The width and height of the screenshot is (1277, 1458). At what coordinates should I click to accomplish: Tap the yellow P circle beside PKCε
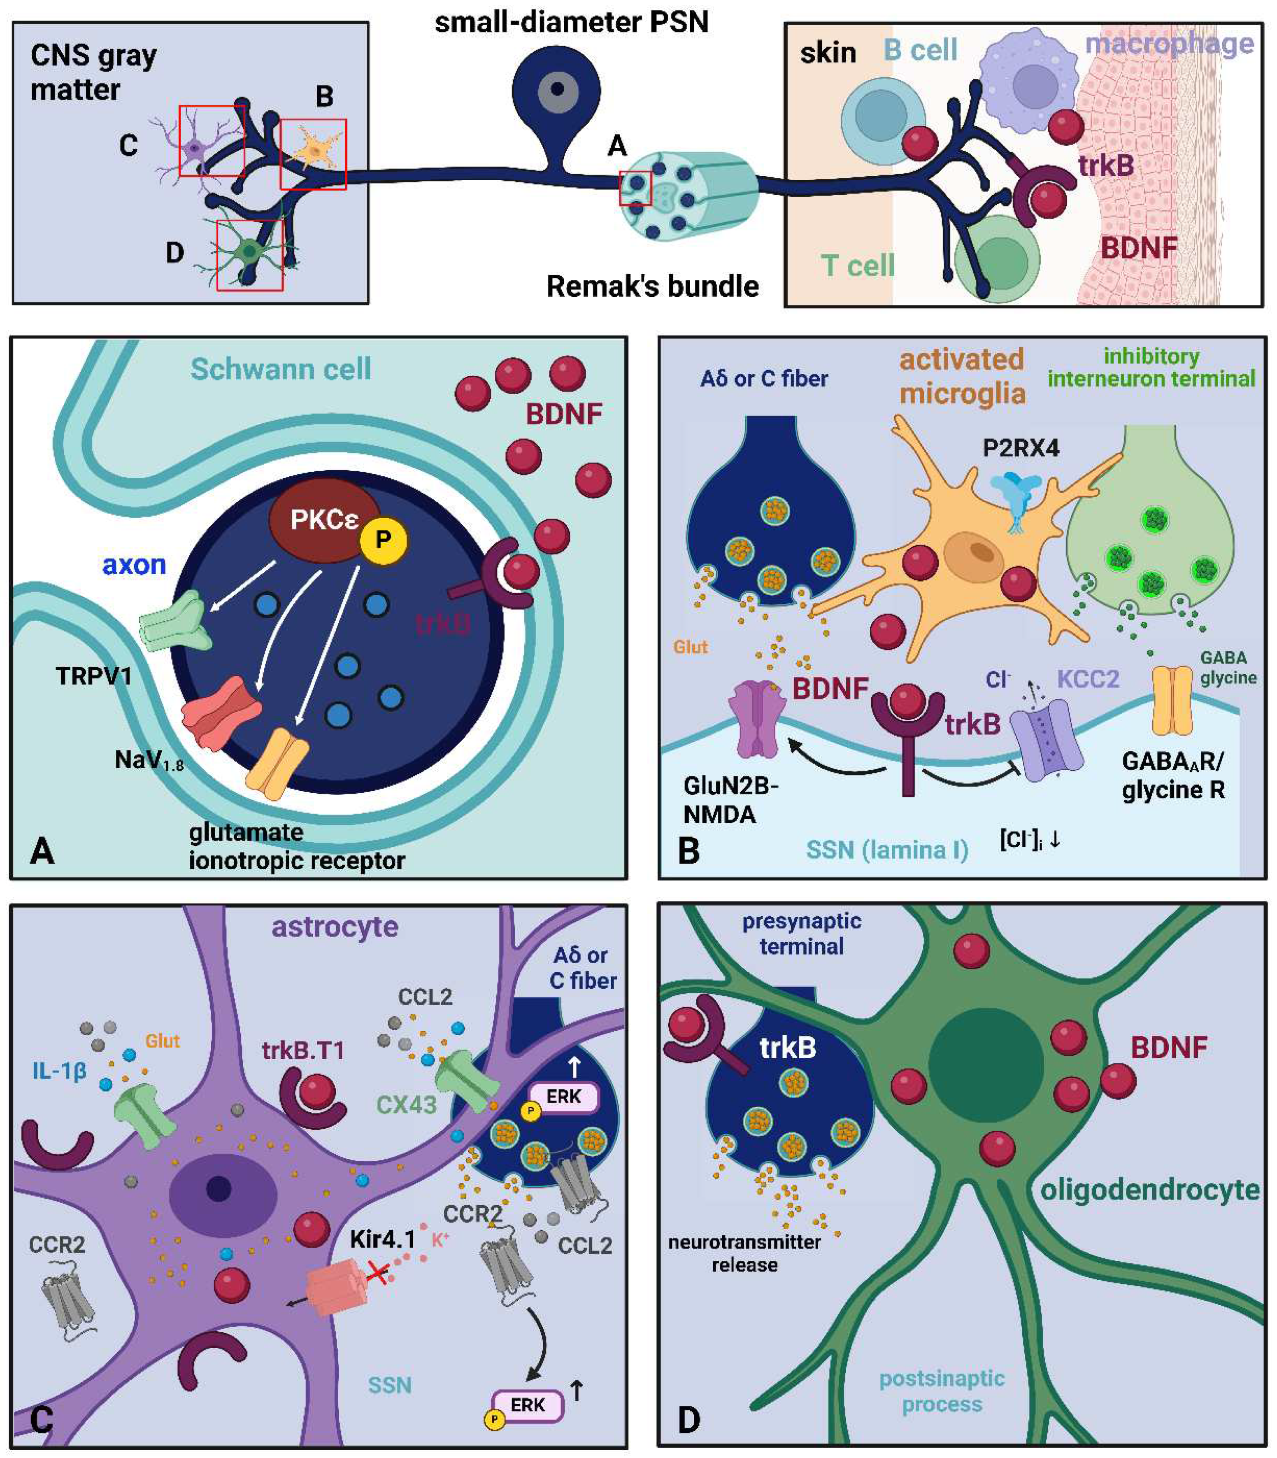click(384, 540)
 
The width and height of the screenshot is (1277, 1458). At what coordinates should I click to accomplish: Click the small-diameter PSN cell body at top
click(556, 89)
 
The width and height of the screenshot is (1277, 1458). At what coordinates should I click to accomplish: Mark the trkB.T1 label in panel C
click(303, 1050)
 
